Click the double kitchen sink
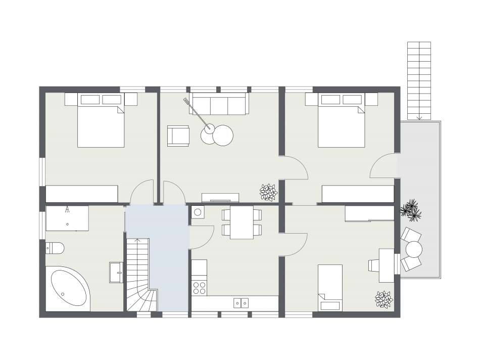click(x=241, y=302)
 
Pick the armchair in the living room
click(x=178, y=135)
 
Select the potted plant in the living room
click(x=268, y=192)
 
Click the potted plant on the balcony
click(x=411, y=210)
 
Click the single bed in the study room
click(x=330, y=287)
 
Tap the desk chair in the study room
click(x=374, y=265)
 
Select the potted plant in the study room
click(x=383, y=299)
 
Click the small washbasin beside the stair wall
click(x=116, y=272)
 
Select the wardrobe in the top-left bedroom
click(x=82, y=194)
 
